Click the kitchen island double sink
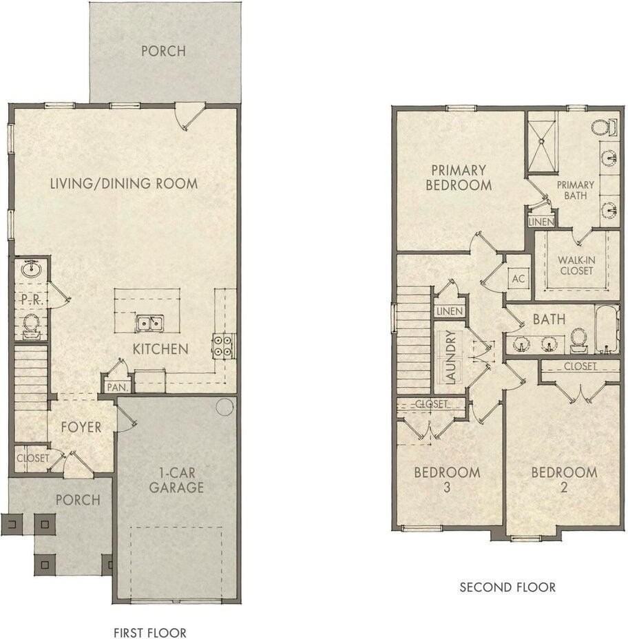149,323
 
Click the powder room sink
31,269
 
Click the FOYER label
81,427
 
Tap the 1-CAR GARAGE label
178,481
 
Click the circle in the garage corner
224,406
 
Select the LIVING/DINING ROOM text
124,184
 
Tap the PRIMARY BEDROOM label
459,178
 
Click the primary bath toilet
601,127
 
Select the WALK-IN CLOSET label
576,265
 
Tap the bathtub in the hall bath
605,330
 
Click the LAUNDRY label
450,357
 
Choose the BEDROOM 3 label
446,480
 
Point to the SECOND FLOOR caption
507,587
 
